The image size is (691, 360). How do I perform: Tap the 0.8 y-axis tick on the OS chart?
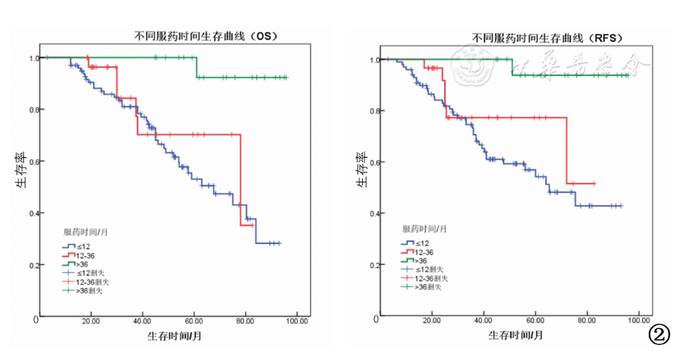click(34, 109)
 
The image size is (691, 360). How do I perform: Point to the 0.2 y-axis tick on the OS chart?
click(34, 265)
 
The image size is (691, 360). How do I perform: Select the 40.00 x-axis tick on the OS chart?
click(142, 321)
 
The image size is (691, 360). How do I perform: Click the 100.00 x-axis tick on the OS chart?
click(297, 321)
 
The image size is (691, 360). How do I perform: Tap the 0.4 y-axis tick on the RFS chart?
click(373, 213)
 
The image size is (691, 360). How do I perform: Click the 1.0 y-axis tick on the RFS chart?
click(373, 59)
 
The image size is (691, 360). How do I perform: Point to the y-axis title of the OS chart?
click(22, 173)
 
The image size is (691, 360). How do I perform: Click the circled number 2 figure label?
click(660, 333)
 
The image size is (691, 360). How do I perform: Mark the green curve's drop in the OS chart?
click(197, 67)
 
